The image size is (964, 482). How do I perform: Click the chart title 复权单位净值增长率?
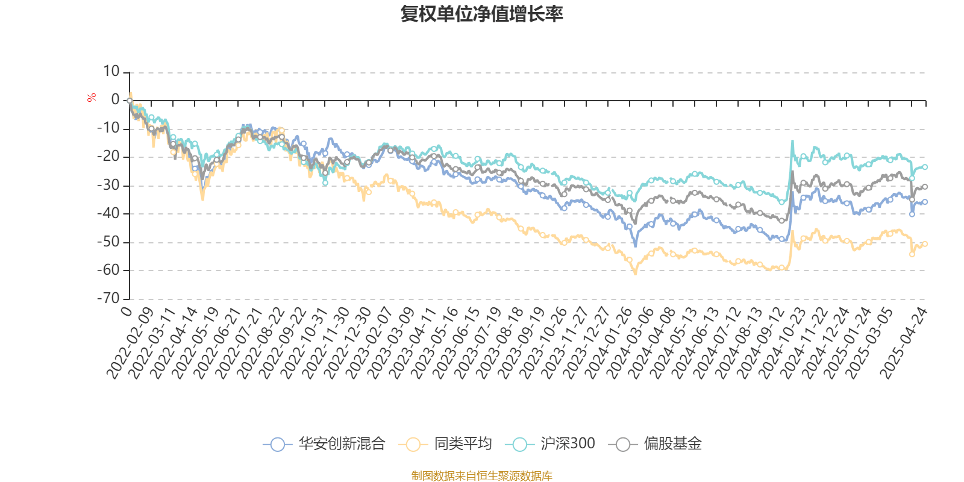(x=481, y=14)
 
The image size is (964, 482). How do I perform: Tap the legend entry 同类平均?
(x=445, y=444)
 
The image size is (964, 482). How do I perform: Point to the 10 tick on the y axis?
(x=111, y=72)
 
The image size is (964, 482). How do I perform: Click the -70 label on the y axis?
(x=108, y=298)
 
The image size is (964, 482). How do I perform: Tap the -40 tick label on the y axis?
(x=108, y=213)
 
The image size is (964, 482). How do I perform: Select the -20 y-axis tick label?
(x=108, y=157)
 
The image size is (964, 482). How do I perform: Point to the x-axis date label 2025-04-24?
(x=904, y=343)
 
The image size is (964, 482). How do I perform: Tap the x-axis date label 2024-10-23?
(x=783, y=343)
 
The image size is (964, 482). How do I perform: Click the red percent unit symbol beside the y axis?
(x=92, y=98)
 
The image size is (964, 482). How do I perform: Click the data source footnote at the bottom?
(x=481, y=476)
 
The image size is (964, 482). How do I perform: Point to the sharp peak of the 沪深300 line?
(x=792, y=142)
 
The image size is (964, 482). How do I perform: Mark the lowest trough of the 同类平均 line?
(x=635, y=274)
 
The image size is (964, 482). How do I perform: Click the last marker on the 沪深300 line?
(x=925, y=167)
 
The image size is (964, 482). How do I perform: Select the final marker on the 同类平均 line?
(x=925, y=243)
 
